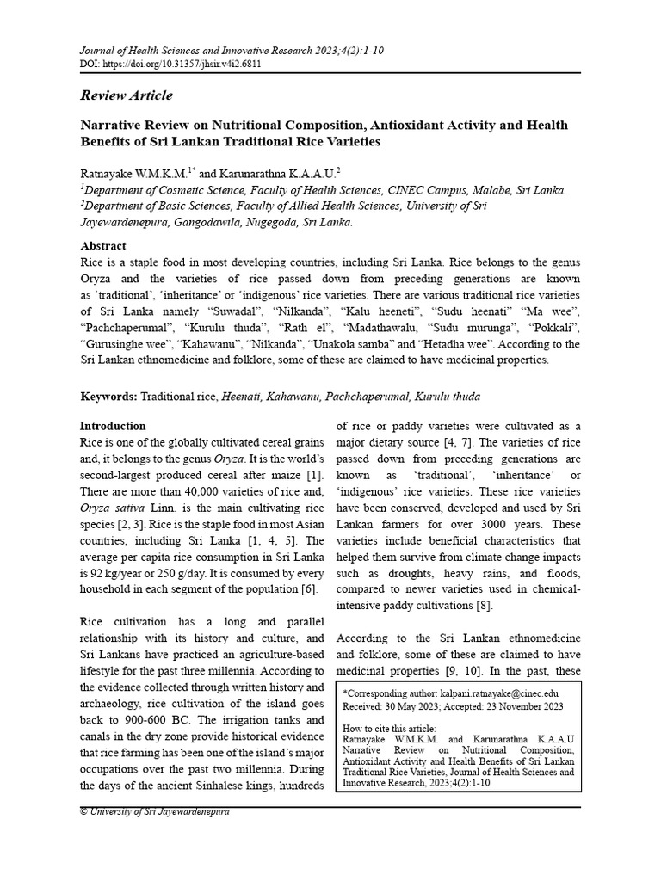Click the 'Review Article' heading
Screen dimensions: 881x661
[126, 95]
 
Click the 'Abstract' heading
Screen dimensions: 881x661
[102, 245]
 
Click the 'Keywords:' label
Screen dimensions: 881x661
[108, 397]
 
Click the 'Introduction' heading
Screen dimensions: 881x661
[113, 426]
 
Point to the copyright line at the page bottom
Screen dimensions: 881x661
[155, 812]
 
